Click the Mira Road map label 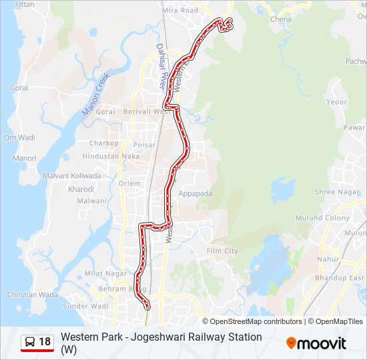(180, 11)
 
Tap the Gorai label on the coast (19, 87)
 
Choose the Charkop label (103, 143)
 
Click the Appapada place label (195, 194)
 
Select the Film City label (222, 251)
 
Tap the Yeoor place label (337, 102)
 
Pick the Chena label (281, 19)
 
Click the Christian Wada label (33, 295)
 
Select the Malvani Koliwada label (72, 176)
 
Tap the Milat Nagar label (105, 273)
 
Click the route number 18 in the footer (45, 342)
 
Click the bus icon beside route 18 (30, 342)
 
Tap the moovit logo (316, 343)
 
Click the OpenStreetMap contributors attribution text (252, 321)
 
